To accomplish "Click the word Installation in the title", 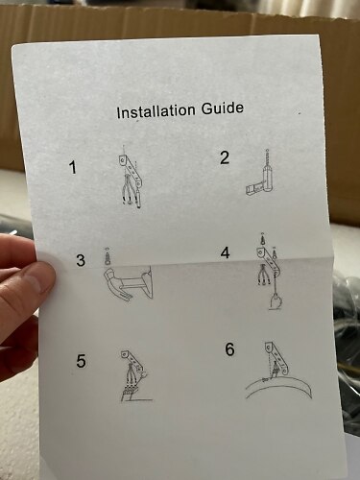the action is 156,111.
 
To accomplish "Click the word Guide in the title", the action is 223,108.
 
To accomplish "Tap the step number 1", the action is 74,167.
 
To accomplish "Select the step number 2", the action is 225,157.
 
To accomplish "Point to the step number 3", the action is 81,260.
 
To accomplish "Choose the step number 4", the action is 225,252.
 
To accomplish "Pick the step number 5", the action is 81,361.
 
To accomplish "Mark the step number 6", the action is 229,348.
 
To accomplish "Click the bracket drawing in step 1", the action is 132,171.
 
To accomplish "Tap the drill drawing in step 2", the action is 266,176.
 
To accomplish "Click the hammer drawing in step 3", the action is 128,284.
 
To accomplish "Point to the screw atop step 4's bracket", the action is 262,239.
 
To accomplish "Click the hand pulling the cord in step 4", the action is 275,302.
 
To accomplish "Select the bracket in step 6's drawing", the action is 276,357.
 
